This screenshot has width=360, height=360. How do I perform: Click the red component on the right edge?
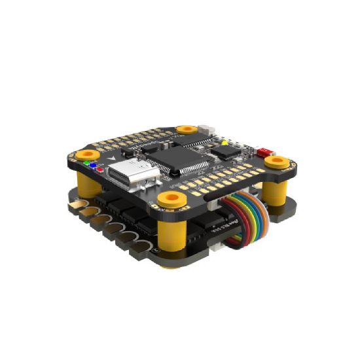(265, 151)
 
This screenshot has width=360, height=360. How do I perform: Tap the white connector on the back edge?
(208, 130)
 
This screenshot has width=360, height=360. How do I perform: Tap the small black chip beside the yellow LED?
(227, 151)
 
